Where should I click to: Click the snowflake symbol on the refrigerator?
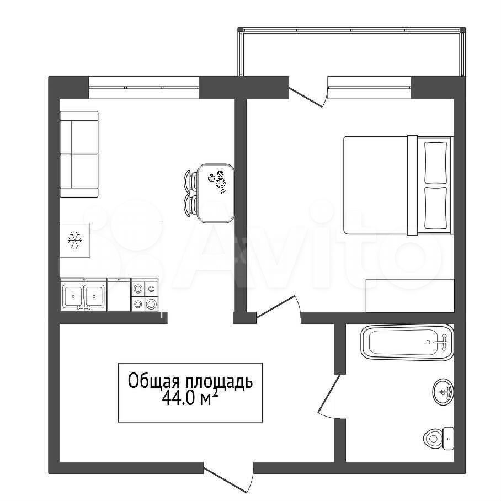(x=75, y=240)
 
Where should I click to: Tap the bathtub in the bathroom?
(x=407, y=343)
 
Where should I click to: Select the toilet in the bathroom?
(x=438, y=438)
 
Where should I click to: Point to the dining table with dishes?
(x=216, y=193)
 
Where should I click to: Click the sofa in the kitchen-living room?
(x=79, y=154)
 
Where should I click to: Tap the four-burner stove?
(x=145, y=295)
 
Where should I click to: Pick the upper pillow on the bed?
(x=435, y=162)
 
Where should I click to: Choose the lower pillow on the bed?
(x=435, y=208)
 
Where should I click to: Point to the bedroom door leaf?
(x=276, y=307)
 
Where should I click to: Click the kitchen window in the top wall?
(x=144, y=87)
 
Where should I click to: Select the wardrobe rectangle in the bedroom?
(x=410, y=295)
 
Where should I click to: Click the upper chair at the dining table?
(x=190, y=181)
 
